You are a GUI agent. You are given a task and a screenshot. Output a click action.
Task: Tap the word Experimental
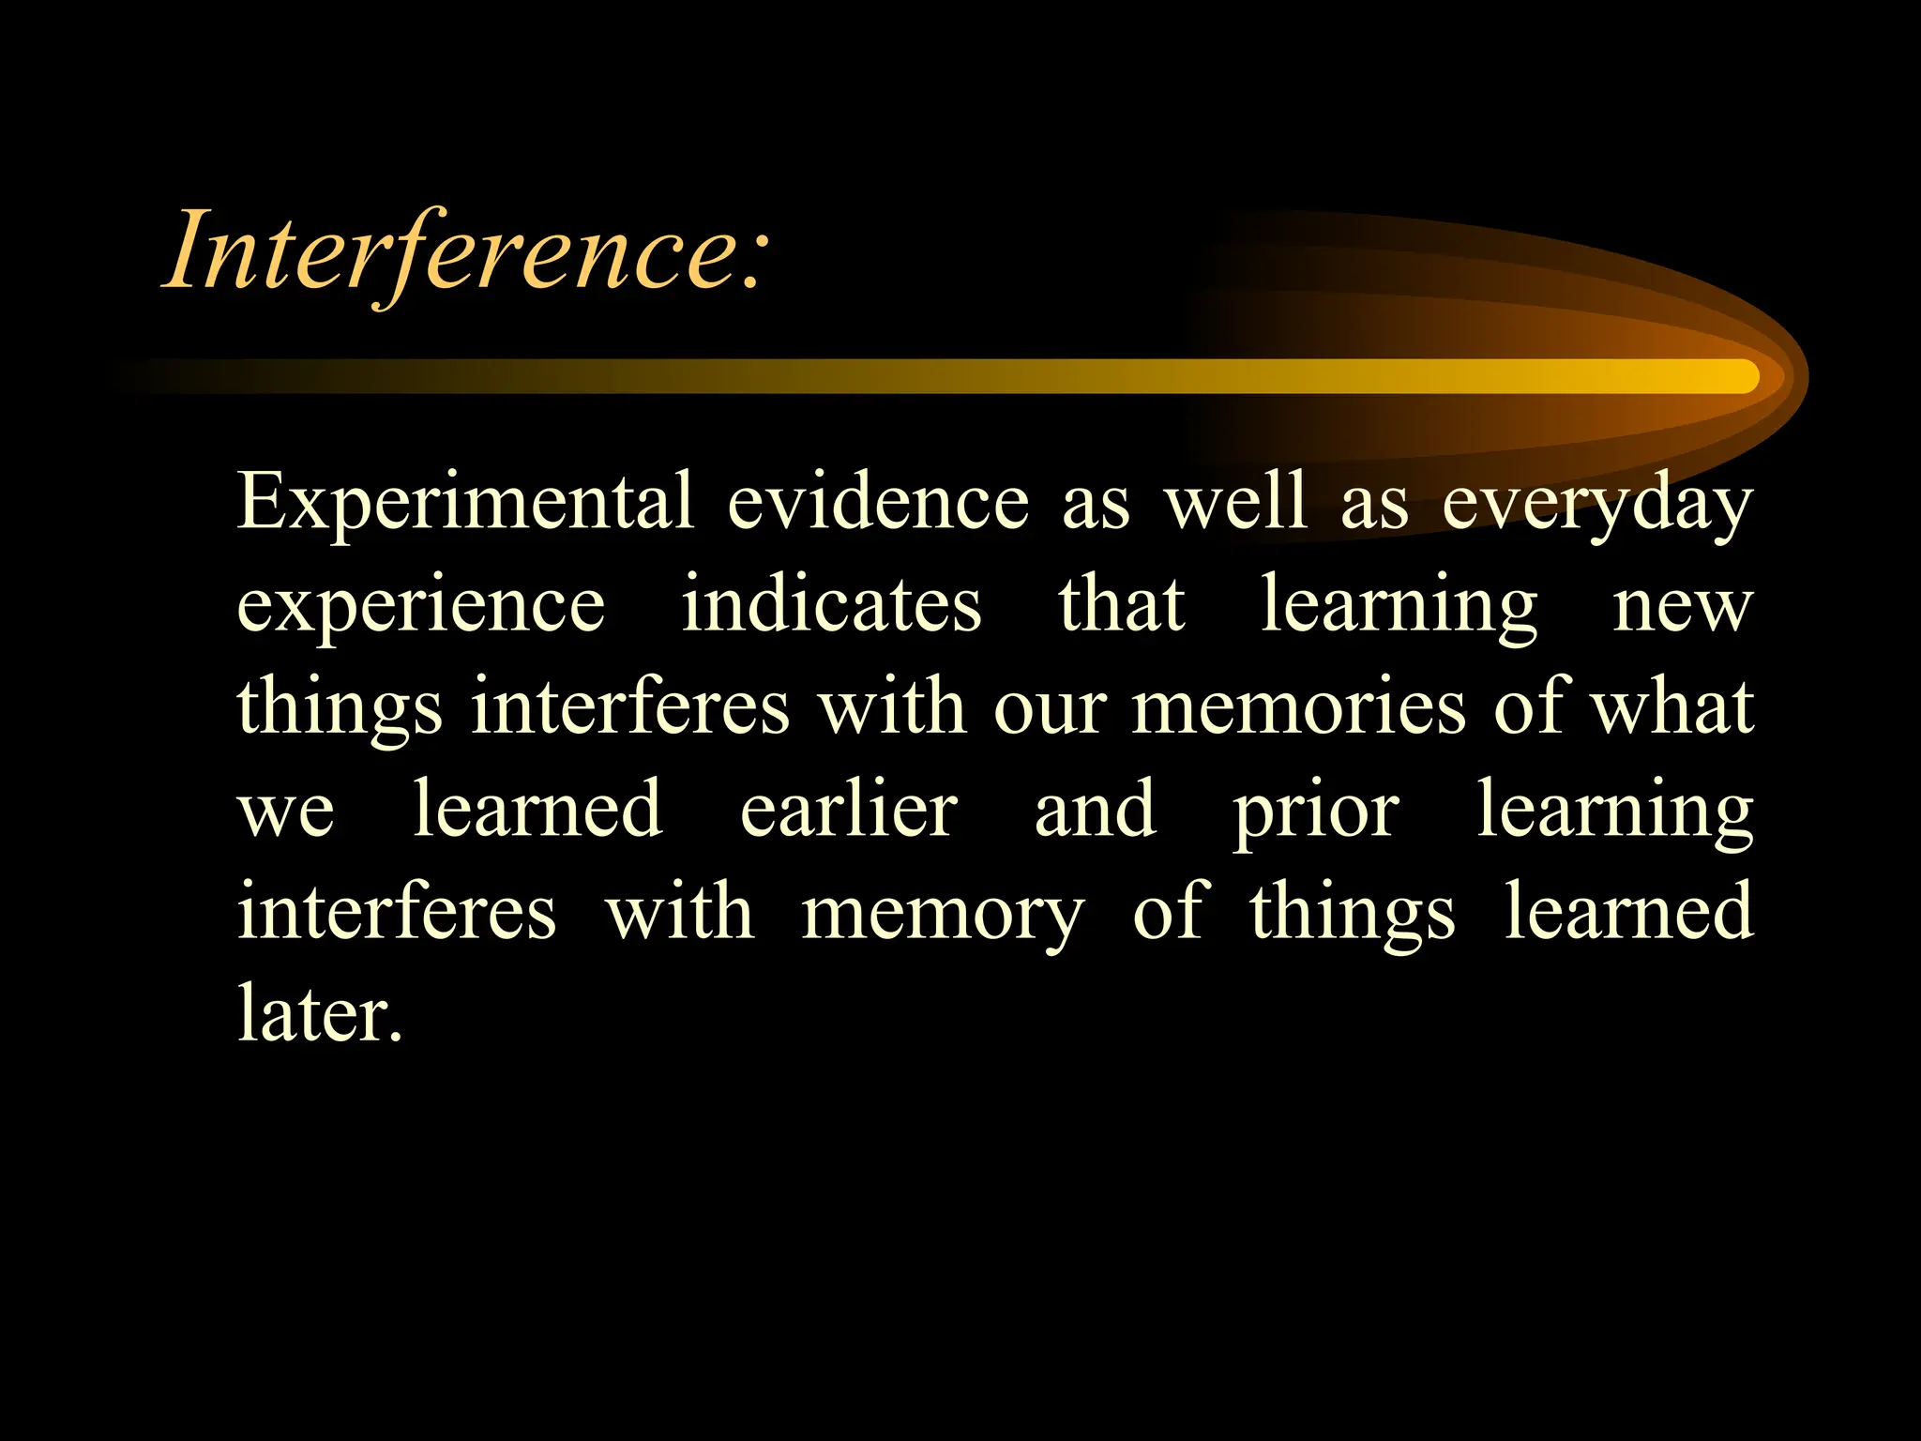coord(465,503)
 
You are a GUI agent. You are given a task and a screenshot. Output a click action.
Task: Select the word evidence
coord(878,503)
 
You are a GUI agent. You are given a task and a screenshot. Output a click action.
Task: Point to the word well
coord(1235,503)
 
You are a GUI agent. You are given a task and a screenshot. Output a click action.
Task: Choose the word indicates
coord(831,605)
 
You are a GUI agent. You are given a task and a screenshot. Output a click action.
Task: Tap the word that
coord(1122,605)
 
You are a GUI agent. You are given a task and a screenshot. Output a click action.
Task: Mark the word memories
coord(1299,707)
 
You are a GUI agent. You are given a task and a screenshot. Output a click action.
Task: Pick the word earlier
coord(849,810)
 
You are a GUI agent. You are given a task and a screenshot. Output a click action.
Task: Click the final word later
coord(320,1014)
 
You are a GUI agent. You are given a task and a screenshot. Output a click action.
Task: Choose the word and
coord(1095,810)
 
